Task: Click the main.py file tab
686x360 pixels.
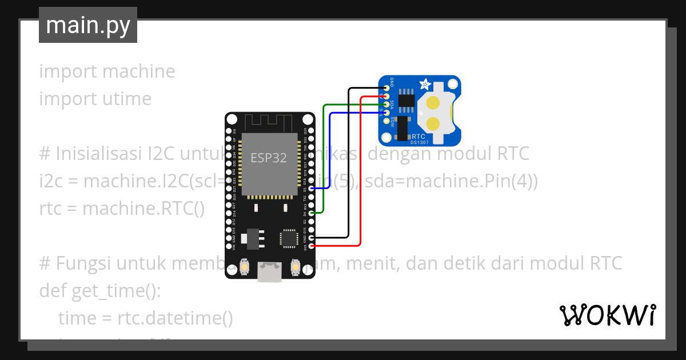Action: coord(87,25)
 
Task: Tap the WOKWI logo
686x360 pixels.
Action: coord(607,315)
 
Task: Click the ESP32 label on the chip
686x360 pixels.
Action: coord(269,158)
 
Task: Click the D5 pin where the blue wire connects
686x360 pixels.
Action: coord(310,188)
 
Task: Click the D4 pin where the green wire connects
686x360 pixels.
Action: coord(310,213)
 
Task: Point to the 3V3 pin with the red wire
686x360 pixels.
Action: coord(310,246)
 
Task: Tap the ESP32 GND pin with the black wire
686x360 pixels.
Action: coord(310,237)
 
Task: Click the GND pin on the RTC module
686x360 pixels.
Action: coord(387,88)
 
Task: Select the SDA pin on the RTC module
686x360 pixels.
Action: coord(387,104)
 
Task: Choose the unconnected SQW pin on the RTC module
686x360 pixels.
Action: coord(387,121)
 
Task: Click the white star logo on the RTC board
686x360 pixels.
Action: coord(425,85)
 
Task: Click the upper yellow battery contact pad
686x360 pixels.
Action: coord(433,103)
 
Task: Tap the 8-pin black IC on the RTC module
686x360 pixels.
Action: coord(406,99)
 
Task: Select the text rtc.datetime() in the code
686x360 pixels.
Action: coord(175,318)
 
